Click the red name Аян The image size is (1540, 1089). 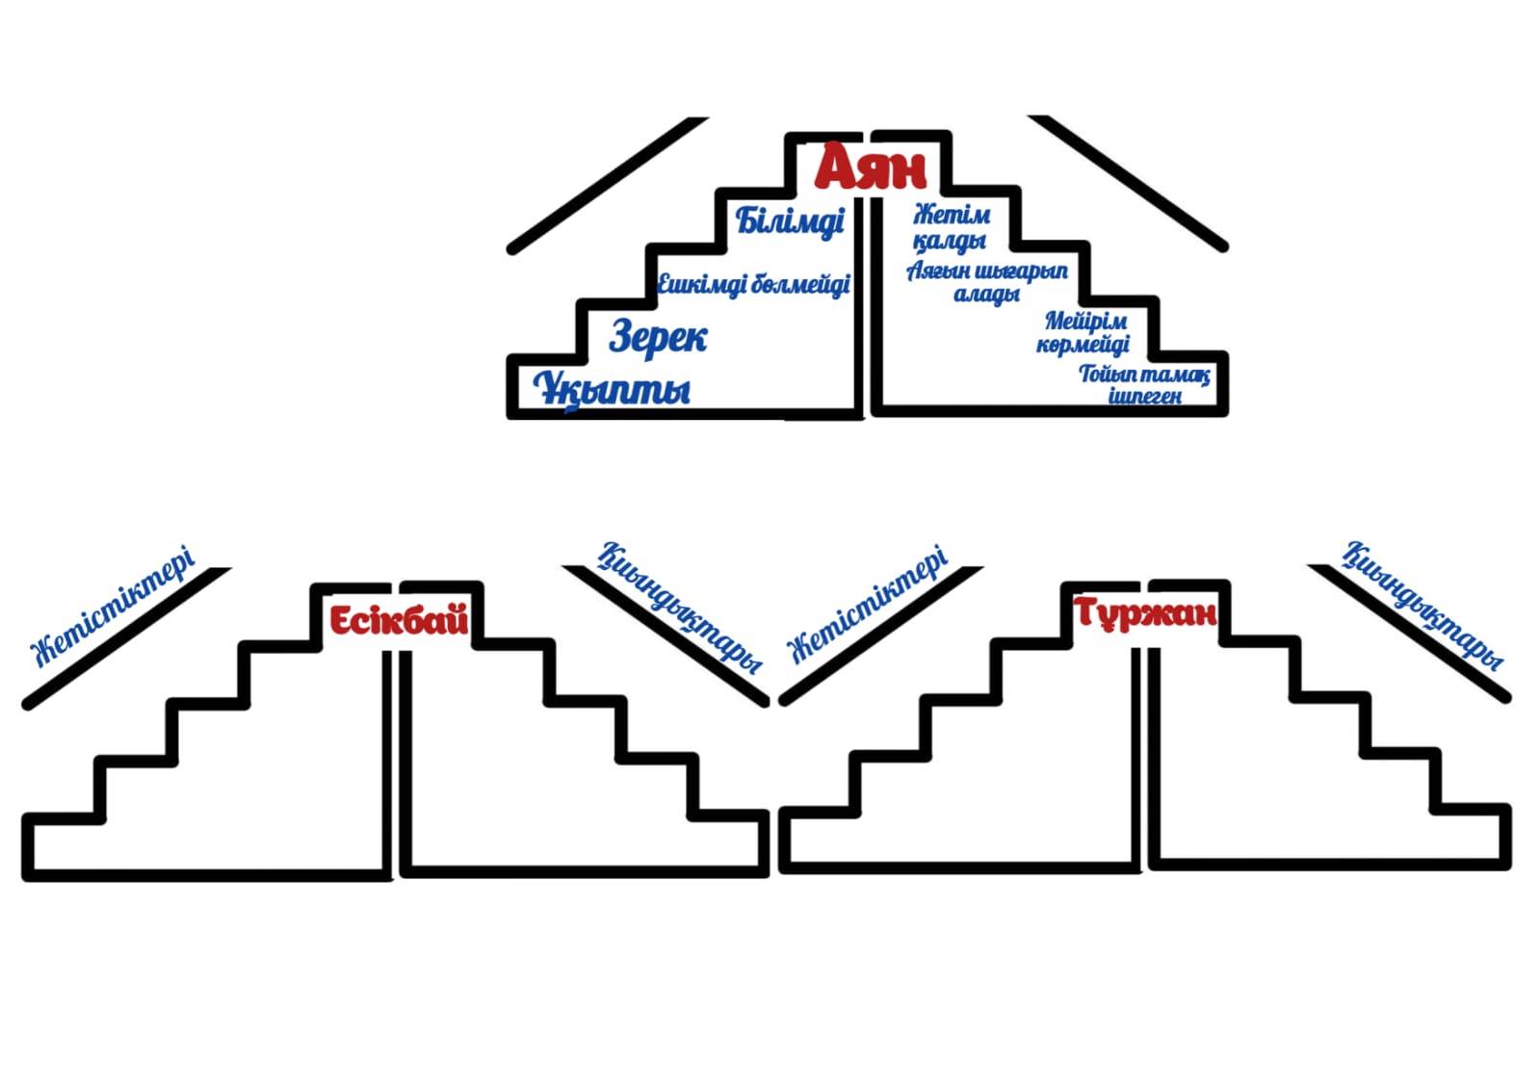870,168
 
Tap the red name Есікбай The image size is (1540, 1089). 399,620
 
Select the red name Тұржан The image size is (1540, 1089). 1145,612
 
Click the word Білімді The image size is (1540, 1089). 790,220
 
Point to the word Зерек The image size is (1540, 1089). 658,337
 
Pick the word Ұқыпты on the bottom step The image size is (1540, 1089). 612,389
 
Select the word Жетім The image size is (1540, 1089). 951,214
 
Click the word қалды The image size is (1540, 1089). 949,239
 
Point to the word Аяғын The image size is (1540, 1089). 938,272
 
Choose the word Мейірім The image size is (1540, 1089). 1085,321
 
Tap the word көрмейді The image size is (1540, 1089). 1083,344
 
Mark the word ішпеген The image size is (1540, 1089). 1144,396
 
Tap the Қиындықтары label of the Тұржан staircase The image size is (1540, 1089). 1423,606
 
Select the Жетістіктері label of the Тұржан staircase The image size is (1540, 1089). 868,604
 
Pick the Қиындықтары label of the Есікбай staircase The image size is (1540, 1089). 680,607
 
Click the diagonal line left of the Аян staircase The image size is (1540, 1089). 607,185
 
